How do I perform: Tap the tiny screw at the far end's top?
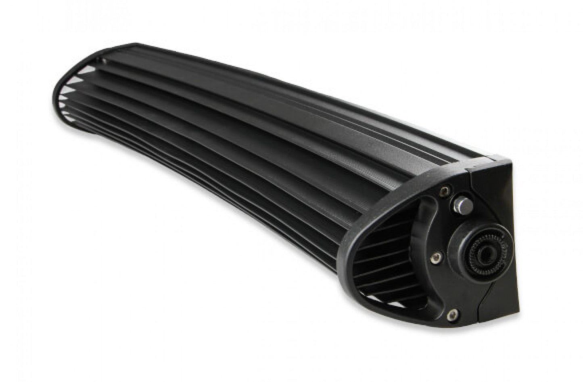[104, 61]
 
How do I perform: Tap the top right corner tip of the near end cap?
[509, 161]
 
